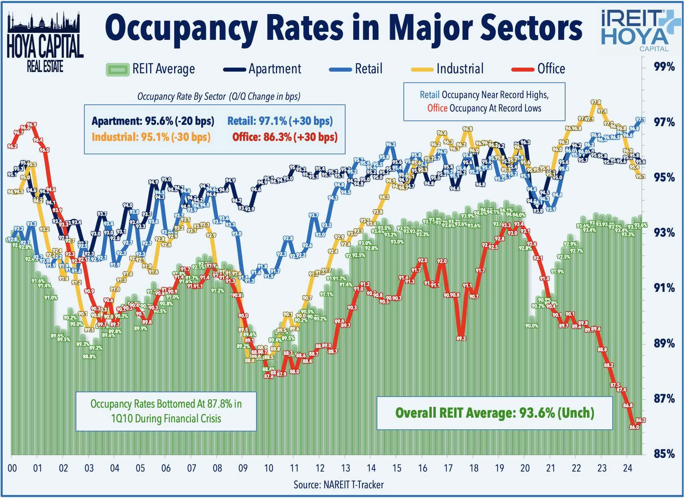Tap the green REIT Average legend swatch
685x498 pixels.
pyautogui.click(x=117, y=70)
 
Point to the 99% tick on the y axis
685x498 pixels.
pyautogui.click(x=664, y=67)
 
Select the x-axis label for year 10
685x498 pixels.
pyautogui.click(x=268, y=468)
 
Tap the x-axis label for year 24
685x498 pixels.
pyautogui.click(x=627, y=468)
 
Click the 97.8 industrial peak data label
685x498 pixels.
pyautogui.click(x=596, y=102)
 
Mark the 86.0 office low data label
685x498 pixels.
pyautogui.click(x=634, y=427)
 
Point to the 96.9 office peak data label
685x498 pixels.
pyautogui.click(x=32, y=124)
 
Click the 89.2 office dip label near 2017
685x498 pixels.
pyautogui.click(x=461, y=338)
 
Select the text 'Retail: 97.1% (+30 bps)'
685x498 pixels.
pyautogui.click(x=280, y=121)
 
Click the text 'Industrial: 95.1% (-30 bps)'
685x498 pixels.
pyautogui.click(x=151, y=137)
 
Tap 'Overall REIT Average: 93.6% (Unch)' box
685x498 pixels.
pyautogui.click(x=494, y=413)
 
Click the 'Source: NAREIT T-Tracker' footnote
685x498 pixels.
pyautogui.click(x=338, y=485)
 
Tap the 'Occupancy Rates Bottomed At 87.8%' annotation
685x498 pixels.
pyautogui.click(x=166, y=411)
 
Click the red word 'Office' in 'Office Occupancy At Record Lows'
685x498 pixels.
pyautogui.click(x=437, y=108)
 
